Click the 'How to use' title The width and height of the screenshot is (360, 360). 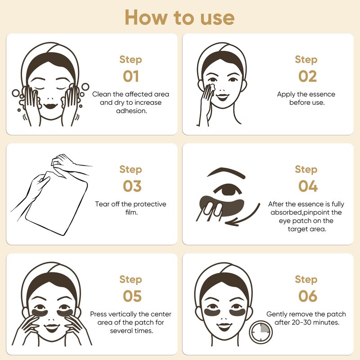click(180, 18)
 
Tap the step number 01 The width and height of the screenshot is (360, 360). click(131, 76)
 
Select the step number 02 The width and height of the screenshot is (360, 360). click(307, 76)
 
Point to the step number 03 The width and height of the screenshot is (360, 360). click(132, 186)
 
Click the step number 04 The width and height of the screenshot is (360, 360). click(308, 186)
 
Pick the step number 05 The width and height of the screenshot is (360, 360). click(132, 296)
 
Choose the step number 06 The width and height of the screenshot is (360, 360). click(308, 296)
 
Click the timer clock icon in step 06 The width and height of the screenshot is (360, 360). click(261, 332)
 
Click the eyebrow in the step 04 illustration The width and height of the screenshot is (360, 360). click(226, 173)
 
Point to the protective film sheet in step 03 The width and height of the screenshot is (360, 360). click(57, 203)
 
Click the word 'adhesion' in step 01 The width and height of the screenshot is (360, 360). click(131, 111)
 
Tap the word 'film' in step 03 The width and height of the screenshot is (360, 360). click(131, 212)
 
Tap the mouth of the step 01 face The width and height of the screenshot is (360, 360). click(50, 106)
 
